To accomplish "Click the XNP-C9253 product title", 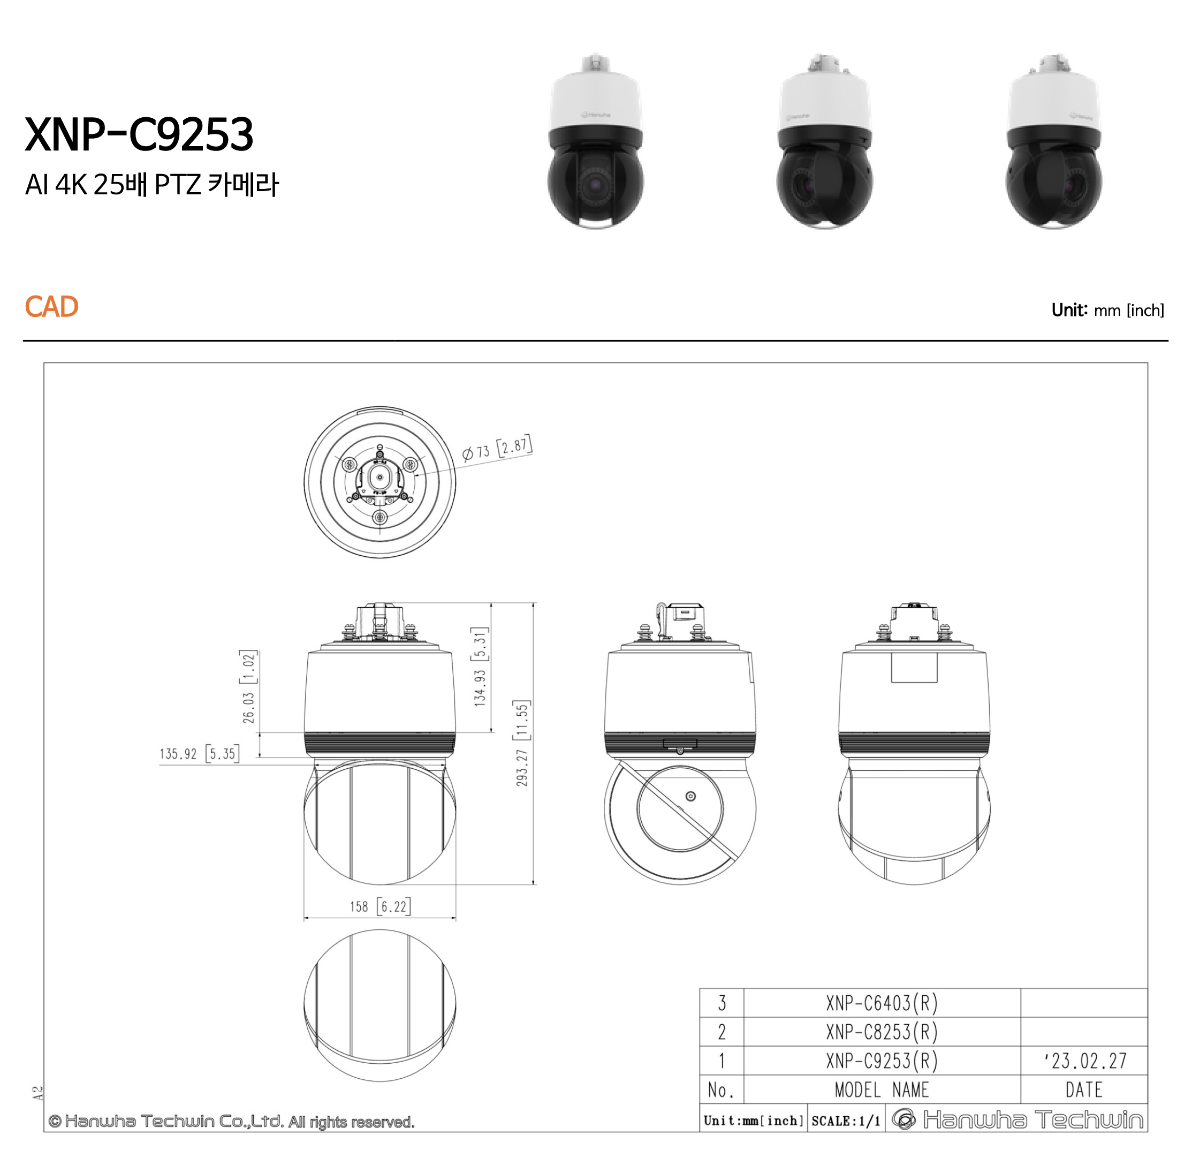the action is (139, 134).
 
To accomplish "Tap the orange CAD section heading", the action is (52, 307).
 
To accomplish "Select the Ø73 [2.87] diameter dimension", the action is (497, 448).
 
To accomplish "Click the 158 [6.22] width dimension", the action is (380, 906).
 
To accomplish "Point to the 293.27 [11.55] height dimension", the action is (522, 743).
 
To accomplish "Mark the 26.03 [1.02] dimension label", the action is (249, 687).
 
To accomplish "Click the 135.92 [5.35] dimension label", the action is (200, 754).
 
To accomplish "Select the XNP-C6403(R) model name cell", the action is (882, 1003).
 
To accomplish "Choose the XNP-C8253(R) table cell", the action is (882, 1032).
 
